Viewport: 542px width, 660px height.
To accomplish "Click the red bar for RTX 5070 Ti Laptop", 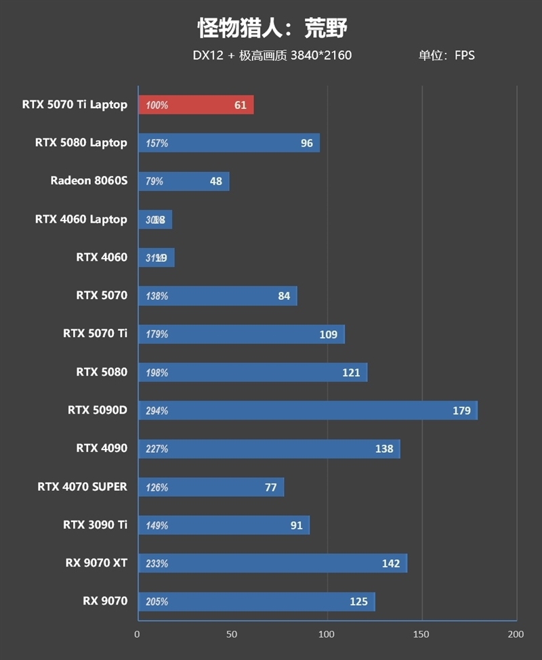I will pyautogui.click(x=196, y=105).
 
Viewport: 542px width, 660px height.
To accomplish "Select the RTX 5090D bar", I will pyautogui.click(x=308, y=410).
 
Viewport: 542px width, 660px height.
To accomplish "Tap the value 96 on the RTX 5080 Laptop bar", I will pyautogui.click(x=307, y=144).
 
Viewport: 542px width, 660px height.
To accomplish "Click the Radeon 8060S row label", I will pyautogui.click(x=89, y=181).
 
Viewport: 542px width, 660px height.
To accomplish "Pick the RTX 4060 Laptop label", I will pyautogui.click(x=81, y=219).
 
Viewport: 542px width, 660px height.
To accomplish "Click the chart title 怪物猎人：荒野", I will pyautogui.click(x=272, y=28).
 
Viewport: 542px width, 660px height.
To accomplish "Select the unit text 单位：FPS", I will pyautogui.click(x=446, y=56).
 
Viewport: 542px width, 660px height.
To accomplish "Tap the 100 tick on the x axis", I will pyautogui.click(x=327, y=634).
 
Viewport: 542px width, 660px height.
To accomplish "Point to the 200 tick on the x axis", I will pyautogui.click(x=516, y=634).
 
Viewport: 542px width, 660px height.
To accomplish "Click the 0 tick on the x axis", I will pyautogui.click(x=138, y=634).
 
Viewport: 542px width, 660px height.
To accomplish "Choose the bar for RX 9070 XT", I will pyautogui.click(x=272, y=563).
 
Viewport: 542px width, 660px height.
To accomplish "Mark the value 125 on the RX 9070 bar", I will pyautogui.click(x=358, y=602).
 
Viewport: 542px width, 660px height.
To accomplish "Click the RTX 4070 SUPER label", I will pyautogui.click(x=82, y=487).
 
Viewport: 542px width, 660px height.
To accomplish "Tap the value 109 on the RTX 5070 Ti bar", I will pyautogui.click(x=328, y=334).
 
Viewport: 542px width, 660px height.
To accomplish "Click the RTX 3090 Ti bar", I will pyautogui.click(x=224, y=525).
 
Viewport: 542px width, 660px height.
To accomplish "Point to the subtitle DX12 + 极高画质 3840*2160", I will pyautogui.click(x=272, y=56).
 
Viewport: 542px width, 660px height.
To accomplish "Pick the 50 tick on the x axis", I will pyautogui.click(x=232, y=634).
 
